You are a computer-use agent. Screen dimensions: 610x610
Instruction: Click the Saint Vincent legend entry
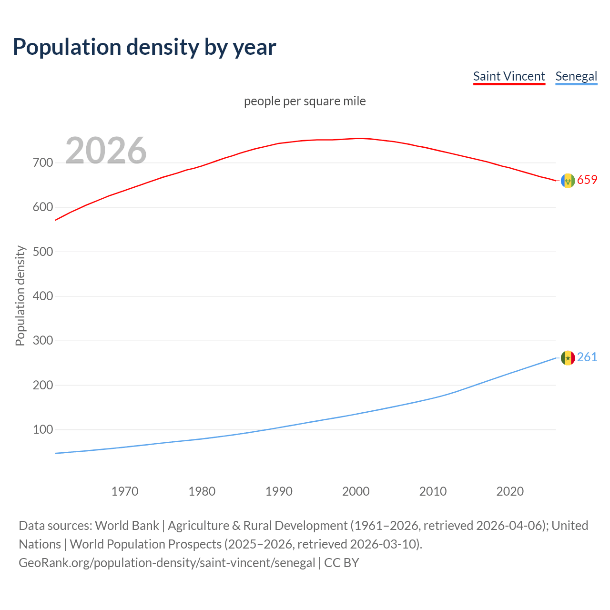pos(508,76)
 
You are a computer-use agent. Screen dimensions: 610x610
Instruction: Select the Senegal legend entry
pos(576,76)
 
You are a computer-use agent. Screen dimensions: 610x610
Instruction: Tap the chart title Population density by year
pos(144,47)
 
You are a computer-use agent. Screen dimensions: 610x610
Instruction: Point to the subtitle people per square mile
pos(305,101)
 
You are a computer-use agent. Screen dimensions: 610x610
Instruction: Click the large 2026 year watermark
pos(106,151)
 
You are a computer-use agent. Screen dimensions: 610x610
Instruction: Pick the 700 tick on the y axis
pos(43,163)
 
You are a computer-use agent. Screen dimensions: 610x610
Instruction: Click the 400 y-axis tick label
pos(43,296)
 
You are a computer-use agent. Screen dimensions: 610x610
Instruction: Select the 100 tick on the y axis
pos(43,430)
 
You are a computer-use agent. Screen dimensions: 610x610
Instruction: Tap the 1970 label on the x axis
pos(125,491)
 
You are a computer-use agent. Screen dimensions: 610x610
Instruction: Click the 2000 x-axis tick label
pos(356,491)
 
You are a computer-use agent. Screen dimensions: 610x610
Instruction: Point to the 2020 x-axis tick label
pos(510,491)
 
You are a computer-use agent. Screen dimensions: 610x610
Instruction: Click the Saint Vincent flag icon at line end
pos(568,181)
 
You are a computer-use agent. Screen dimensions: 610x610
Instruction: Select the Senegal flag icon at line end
pos(568,358)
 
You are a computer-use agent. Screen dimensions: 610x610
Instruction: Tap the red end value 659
pos(587,180)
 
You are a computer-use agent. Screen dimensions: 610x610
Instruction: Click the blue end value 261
pos(587,357)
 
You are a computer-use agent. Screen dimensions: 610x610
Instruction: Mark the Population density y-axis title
pos(20,295)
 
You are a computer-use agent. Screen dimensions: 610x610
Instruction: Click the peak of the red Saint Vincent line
pos(360,138)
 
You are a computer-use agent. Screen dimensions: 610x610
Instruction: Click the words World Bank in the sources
pos(127,526)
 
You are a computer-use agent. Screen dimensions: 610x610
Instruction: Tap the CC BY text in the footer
pos(341,563)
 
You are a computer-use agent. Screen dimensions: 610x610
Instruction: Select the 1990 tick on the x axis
pos(279,491)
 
